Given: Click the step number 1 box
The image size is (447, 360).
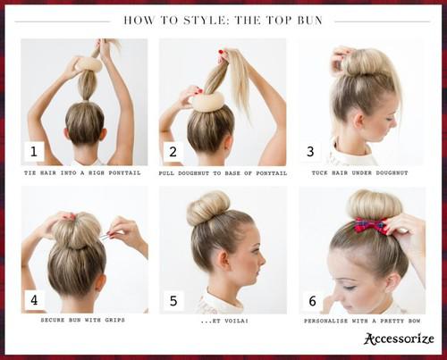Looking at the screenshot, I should pyautogui.click(x=34, y=152).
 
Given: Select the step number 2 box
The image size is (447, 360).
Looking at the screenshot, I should pyautogui.click(x=173, y=152).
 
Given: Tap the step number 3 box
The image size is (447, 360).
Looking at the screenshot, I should pyautogui.click(x=310, y=152).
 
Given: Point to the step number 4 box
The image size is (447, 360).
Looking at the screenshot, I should pyautogui.click(x=34, y=299).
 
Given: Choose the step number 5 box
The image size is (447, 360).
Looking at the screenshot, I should pyautogui.click(x=173, y=299).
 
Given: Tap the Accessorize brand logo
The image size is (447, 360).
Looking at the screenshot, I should pyautogui.click(x=399, y=339).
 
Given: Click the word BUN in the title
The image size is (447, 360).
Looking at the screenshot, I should pyautogui.click(x=307, y=19).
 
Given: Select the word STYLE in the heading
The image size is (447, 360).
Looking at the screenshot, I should pyautogui.click(x=192, y=19).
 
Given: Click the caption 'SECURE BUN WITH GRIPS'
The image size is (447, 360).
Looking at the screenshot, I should pyautogui.click(x=82, y=320).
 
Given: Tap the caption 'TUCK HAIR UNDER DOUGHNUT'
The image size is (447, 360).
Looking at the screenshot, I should pyautogui.click(x=361, y=172).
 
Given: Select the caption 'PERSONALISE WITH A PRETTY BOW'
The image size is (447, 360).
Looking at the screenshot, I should pyautogui.click(x=362, y=320).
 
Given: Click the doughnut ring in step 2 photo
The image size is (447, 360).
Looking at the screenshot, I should pyautogui.click(x=207, y=101).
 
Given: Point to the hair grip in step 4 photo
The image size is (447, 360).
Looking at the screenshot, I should pyautogui.click(x=106, y=236).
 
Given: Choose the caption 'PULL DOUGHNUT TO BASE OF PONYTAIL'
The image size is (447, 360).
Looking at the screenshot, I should pyautogui.click(x=222, y=172).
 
